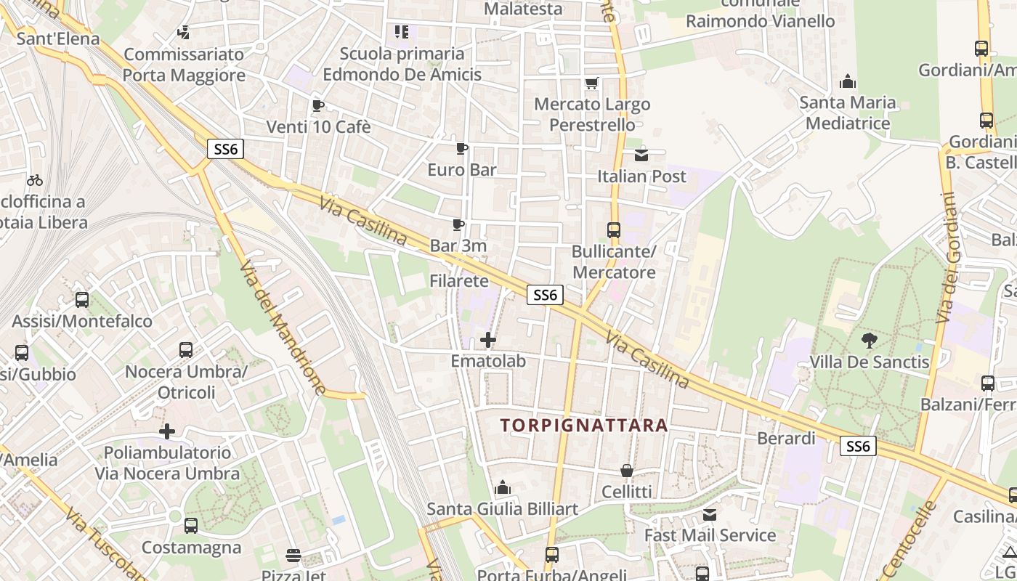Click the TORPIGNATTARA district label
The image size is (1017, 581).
pos(584,426)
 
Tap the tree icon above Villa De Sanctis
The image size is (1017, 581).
pos(869,340)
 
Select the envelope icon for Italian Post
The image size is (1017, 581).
pos(641,155)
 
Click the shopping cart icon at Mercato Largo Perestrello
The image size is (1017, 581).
pos(592,83)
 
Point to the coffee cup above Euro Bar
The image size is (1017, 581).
pos(461,149)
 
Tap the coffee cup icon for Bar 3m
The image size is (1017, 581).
pos(458,224)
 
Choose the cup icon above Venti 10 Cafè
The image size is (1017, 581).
pos(317,105)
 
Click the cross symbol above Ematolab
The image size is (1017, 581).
pos(488,339)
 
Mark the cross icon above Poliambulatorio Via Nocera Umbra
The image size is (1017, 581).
pos(167,431)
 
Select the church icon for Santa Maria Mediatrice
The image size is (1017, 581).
pos(847,81)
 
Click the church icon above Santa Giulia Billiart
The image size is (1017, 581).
pos(502,487)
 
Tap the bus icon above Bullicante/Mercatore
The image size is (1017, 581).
pos(614,230)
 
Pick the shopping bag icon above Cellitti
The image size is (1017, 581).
pos(627,471)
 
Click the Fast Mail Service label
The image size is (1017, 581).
pos(710,536)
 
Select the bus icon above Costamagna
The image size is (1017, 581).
pos(191,525)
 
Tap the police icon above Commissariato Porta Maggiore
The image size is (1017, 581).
pos(183,33)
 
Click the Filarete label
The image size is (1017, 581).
pos(459,280)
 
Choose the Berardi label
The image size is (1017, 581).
pos(786,439)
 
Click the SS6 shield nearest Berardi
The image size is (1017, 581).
pos(858,446)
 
